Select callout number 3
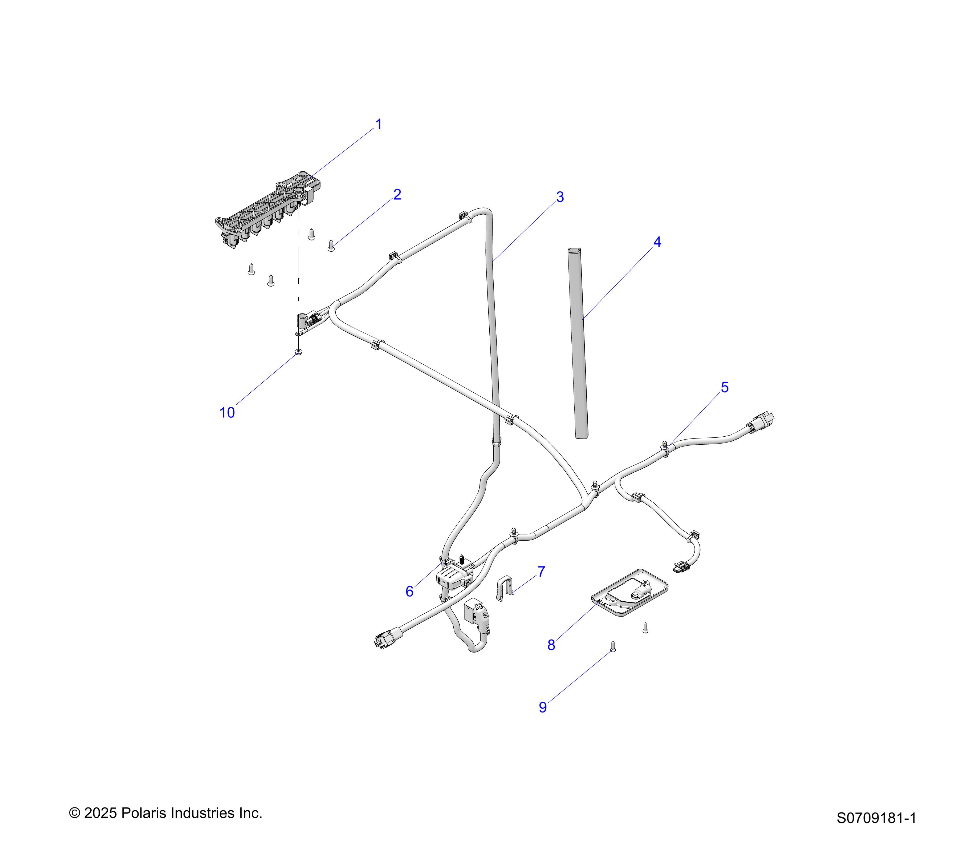point(560,197)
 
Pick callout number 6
point(410,592)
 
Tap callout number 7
point(541,572)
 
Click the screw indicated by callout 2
point(331,246)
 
